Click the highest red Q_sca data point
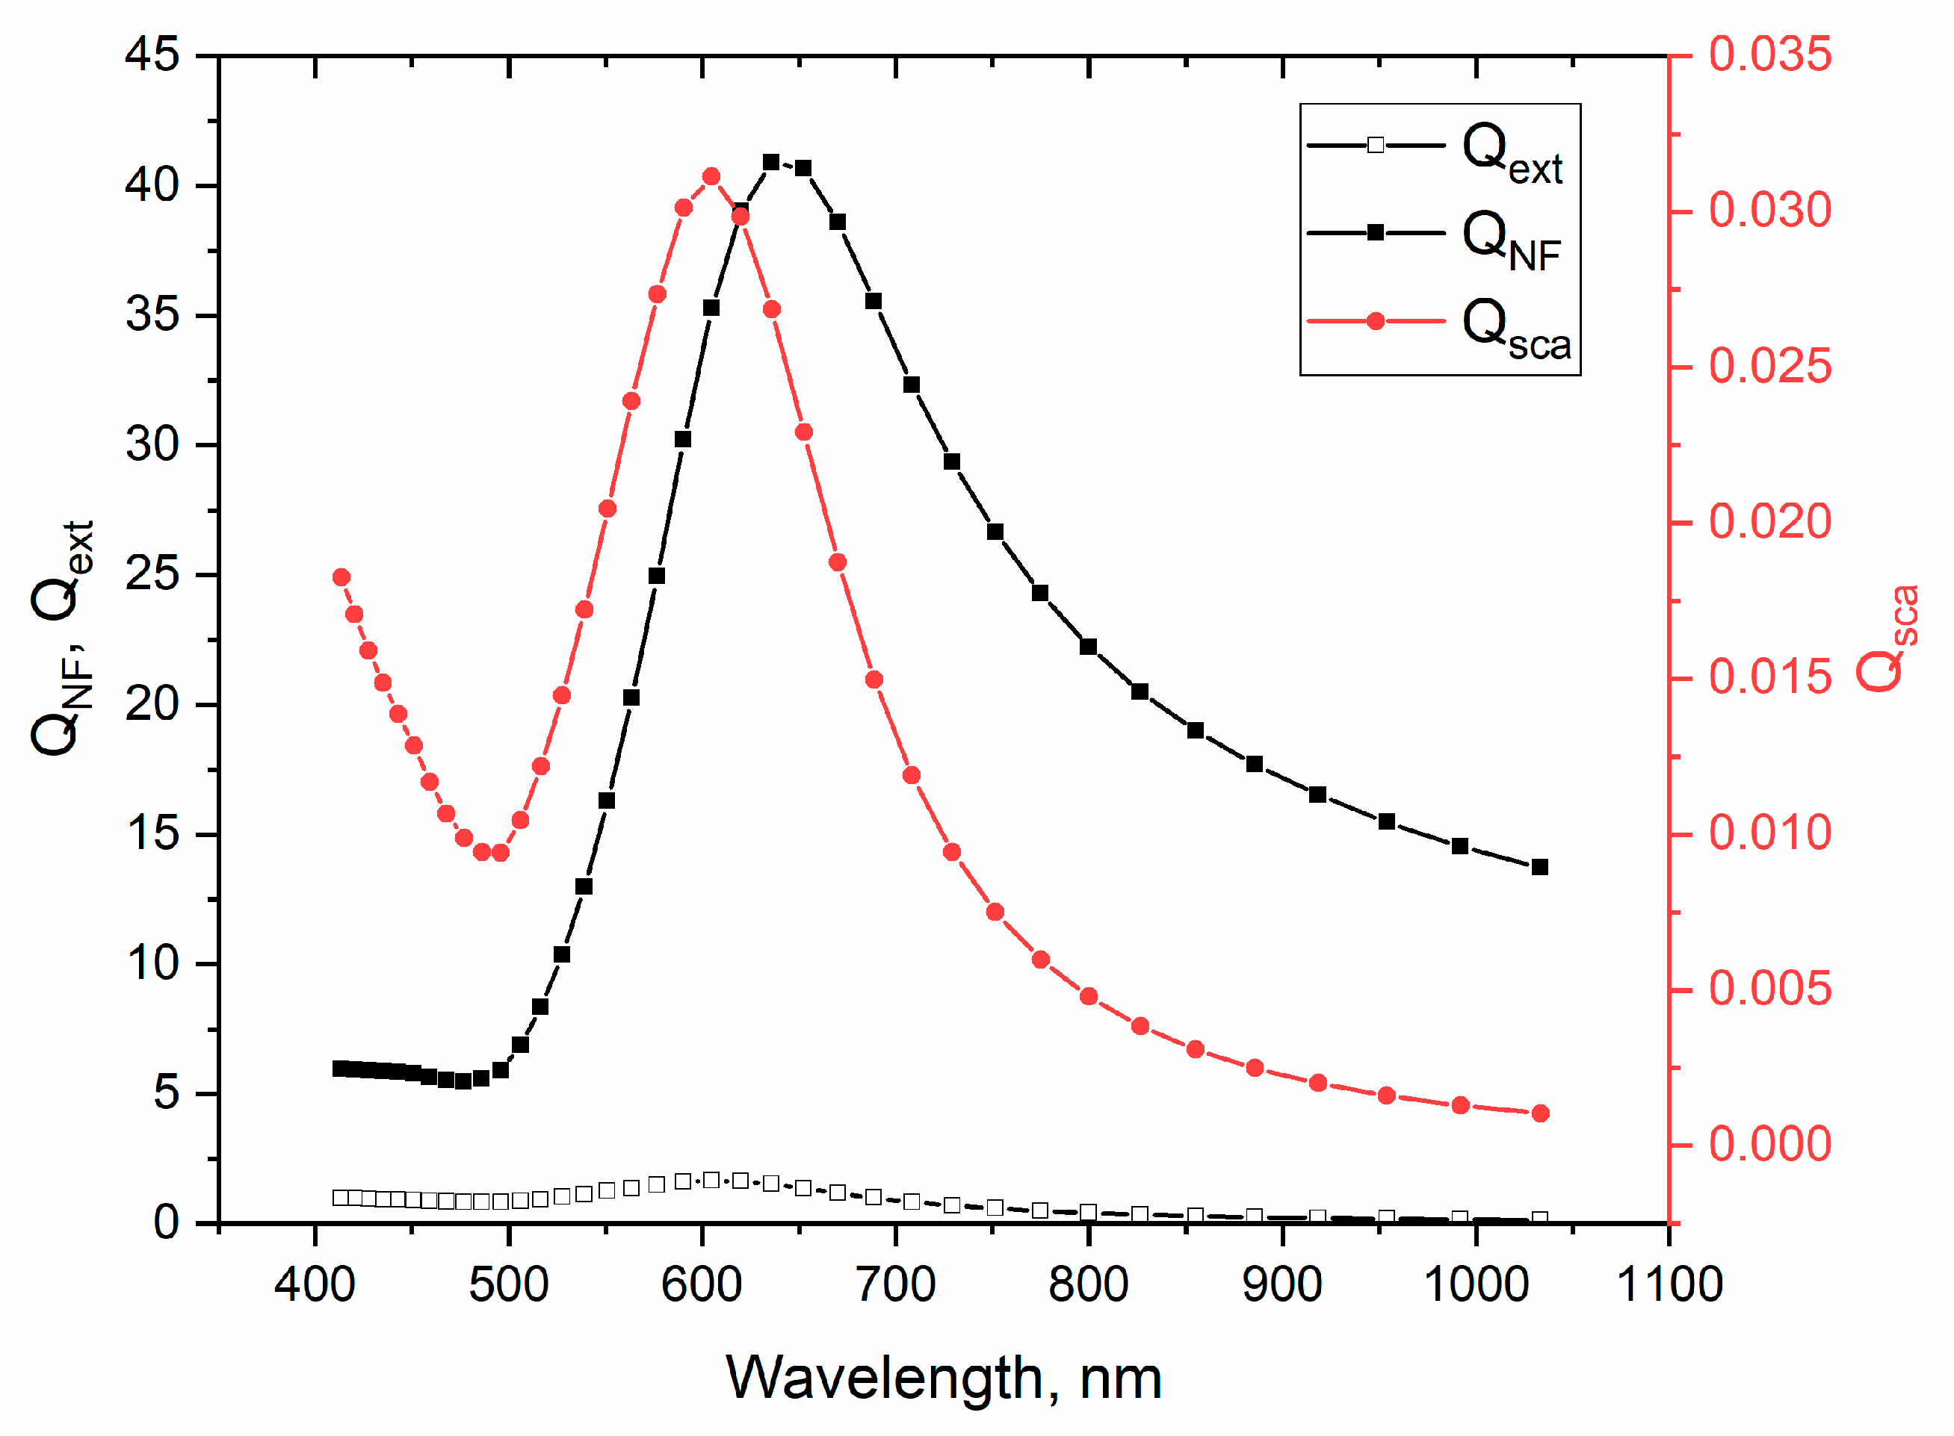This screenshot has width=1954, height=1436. click(711, 177)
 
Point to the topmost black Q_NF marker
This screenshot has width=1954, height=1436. click(771, 163)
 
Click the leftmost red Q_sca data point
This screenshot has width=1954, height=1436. click(341, 578)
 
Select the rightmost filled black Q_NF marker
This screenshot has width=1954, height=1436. click(1540, 868)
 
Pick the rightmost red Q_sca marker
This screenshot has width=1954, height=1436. click(1540, 1113)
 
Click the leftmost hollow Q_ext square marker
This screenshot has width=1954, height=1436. click(341, 1198)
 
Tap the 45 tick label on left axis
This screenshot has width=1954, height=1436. click(152, 55)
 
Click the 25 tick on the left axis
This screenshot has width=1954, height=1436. click(152, 574)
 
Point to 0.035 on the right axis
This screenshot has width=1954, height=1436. click(1770, 55)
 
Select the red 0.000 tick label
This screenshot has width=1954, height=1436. click(1770, 1145)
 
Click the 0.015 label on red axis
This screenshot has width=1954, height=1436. click(1770, 678)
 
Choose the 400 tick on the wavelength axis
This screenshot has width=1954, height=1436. click(315, 1284)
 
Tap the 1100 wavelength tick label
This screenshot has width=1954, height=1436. click(1669, 1284)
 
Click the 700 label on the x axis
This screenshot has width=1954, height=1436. click(896, 1284)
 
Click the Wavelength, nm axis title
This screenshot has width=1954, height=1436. click(944, 1379)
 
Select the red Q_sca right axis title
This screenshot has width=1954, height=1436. click(1887, 639)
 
